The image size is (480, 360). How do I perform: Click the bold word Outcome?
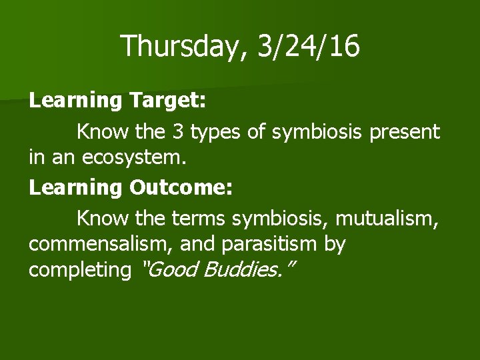pos(181,187)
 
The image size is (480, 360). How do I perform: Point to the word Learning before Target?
pos(75,101)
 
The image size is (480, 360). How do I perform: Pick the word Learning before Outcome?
pos(75,187)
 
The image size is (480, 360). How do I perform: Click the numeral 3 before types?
pos(178,131)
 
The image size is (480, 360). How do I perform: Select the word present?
pos(405,132)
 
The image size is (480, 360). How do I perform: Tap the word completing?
pos(80,271)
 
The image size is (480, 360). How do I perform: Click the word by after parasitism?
pos(335,245)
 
